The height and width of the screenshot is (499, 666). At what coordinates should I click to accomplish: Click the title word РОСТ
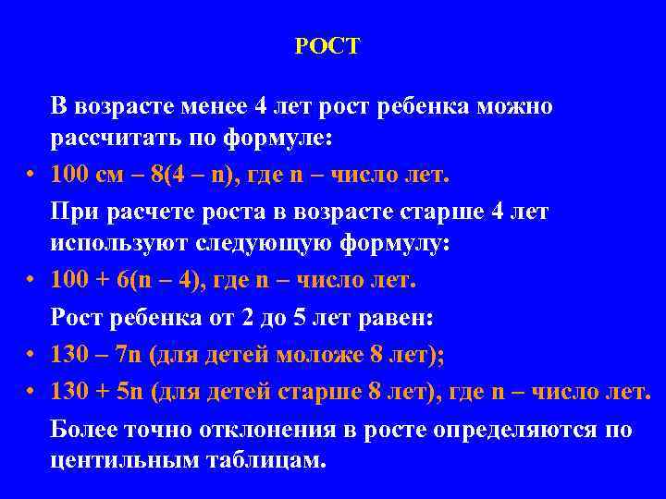point(327,46)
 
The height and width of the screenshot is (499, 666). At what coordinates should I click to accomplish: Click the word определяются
point(498,430)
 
